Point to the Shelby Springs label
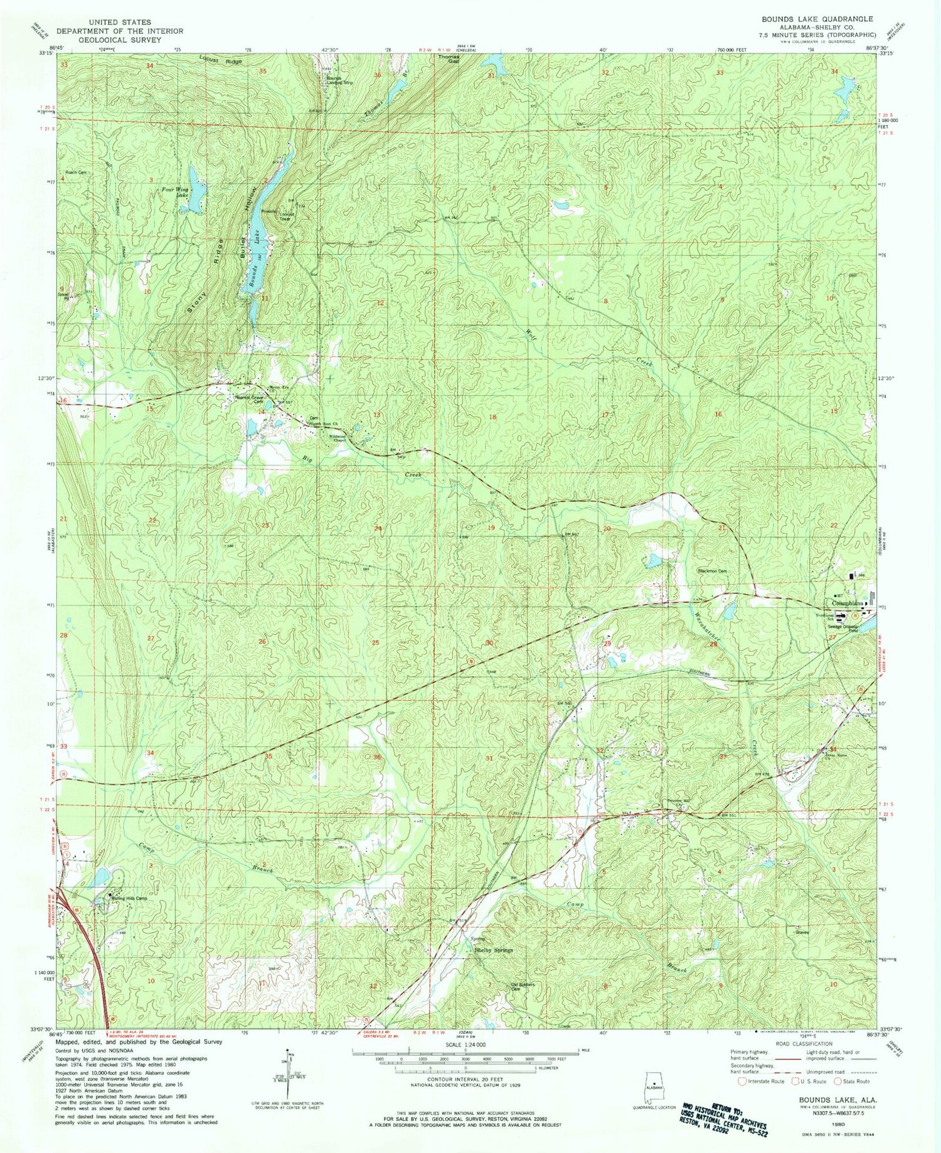pos(492,950)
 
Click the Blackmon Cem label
pos(713,571)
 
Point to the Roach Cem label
pos(75,172)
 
